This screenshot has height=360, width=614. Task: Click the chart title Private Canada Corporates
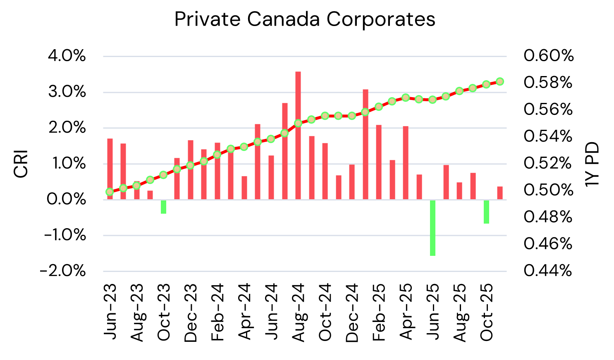point(305,19)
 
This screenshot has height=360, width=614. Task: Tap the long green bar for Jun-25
point(432,228)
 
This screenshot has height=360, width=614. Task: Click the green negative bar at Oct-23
point(163,207)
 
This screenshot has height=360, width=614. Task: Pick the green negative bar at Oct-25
point(486,212)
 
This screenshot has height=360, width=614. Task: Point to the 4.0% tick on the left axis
point(67,56)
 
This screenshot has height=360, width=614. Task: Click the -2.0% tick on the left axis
point(63,272)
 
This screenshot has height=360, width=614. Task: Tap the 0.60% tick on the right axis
point(548,56)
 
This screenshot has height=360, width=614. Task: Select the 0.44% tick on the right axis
point(548,271)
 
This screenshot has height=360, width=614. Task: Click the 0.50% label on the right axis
point(548,191)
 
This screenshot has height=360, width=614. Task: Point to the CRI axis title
point(21,164)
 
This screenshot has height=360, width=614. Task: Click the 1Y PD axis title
point(592,164)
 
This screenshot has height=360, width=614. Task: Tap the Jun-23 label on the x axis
point(110,312)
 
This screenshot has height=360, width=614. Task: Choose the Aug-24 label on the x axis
point(299,312)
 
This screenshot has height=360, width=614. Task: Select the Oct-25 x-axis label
point(487,312)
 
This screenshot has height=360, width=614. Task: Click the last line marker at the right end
point(500,81)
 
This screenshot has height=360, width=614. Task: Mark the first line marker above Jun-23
point(110,192)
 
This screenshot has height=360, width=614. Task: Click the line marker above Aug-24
point(298,123)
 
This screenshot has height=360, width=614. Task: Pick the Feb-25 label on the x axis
point(379,312)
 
